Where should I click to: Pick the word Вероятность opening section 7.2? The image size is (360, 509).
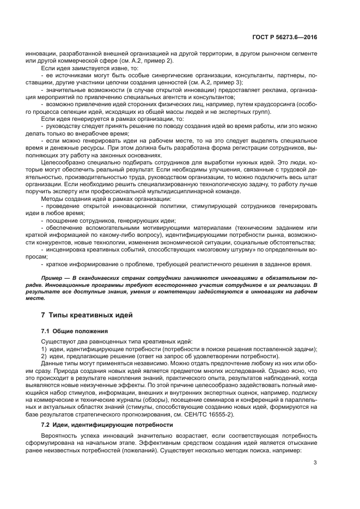[60, 436]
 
